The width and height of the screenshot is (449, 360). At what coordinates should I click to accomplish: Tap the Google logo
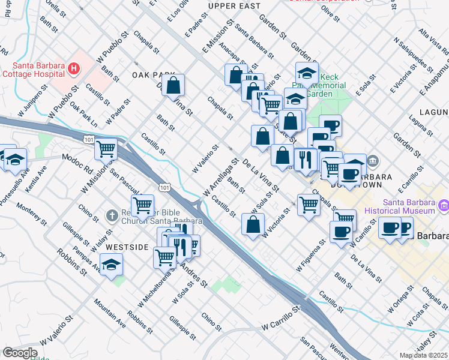coord(20,353)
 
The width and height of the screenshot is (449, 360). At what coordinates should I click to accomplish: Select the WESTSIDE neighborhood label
coord(127,247)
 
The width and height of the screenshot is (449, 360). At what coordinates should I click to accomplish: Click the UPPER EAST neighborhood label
coord(234,6)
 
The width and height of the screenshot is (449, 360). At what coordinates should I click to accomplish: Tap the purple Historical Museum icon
coord(444,206)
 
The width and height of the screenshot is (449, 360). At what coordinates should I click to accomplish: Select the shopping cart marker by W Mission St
coord(106,148)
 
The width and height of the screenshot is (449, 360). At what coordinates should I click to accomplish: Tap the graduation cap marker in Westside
coord(111,264)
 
